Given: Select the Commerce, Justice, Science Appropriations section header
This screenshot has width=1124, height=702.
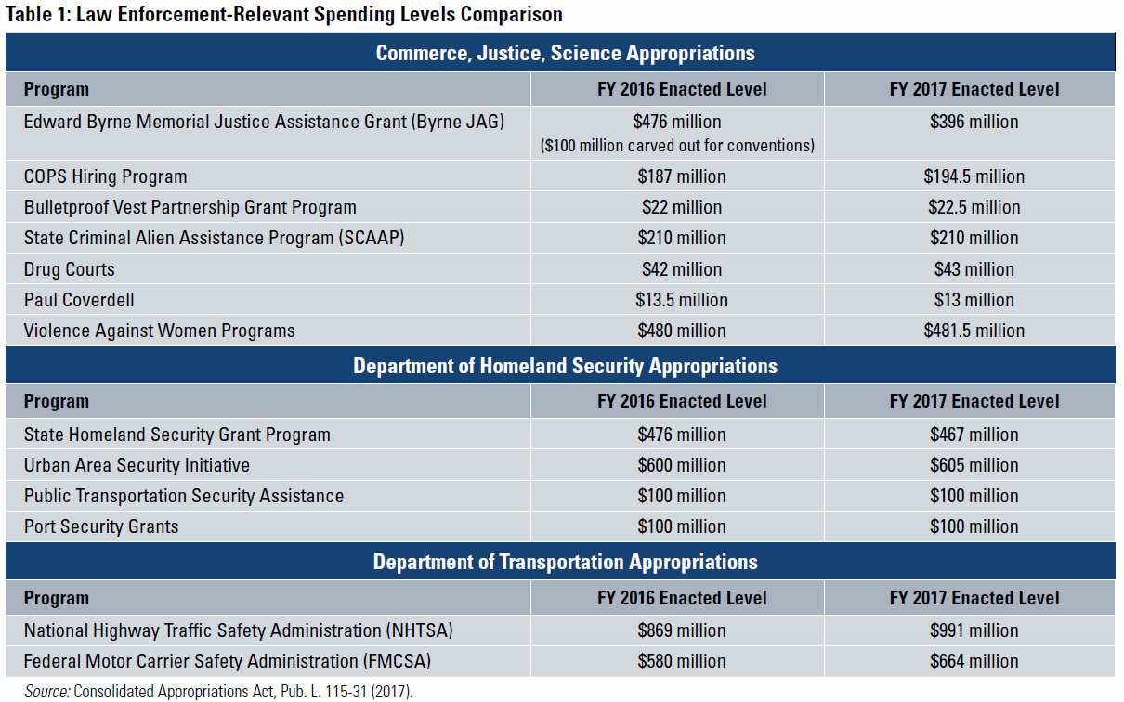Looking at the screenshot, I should tap(565, 53).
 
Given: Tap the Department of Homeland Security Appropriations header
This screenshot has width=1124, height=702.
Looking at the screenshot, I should tap(565, 366).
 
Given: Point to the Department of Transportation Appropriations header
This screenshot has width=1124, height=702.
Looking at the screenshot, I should tap(565, 562).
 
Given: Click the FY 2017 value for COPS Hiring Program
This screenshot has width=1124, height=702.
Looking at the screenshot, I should tap(974, 176).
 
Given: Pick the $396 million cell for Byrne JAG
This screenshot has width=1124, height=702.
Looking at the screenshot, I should tap(974, 122).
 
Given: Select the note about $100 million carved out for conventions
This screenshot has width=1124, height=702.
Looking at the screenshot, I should tap(677, 145).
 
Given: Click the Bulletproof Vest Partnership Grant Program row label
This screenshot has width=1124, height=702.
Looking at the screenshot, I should tap(190, 207).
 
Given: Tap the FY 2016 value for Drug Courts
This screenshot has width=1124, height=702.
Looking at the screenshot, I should tap(682, 269).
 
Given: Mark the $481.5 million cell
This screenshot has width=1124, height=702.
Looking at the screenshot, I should tap(974, 331).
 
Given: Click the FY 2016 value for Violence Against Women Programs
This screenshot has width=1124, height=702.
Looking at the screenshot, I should tap(682, 331).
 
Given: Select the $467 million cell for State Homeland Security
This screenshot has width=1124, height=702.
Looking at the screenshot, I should tap(974, 435).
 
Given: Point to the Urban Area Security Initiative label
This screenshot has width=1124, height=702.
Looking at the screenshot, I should tap(137, 465).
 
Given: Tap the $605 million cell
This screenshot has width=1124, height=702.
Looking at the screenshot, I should tap(974, 465).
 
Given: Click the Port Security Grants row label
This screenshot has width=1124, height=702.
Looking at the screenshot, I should tap(101, 526).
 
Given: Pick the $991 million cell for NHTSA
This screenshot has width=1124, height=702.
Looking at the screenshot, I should tap(974, 631).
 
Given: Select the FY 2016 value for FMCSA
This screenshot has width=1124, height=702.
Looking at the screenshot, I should tap(682, 662).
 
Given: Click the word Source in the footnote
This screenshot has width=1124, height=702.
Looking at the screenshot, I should tap(46, 692).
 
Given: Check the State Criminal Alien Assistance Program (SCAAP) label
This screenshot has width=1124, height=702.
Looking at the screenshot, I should tap(215, 238).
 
